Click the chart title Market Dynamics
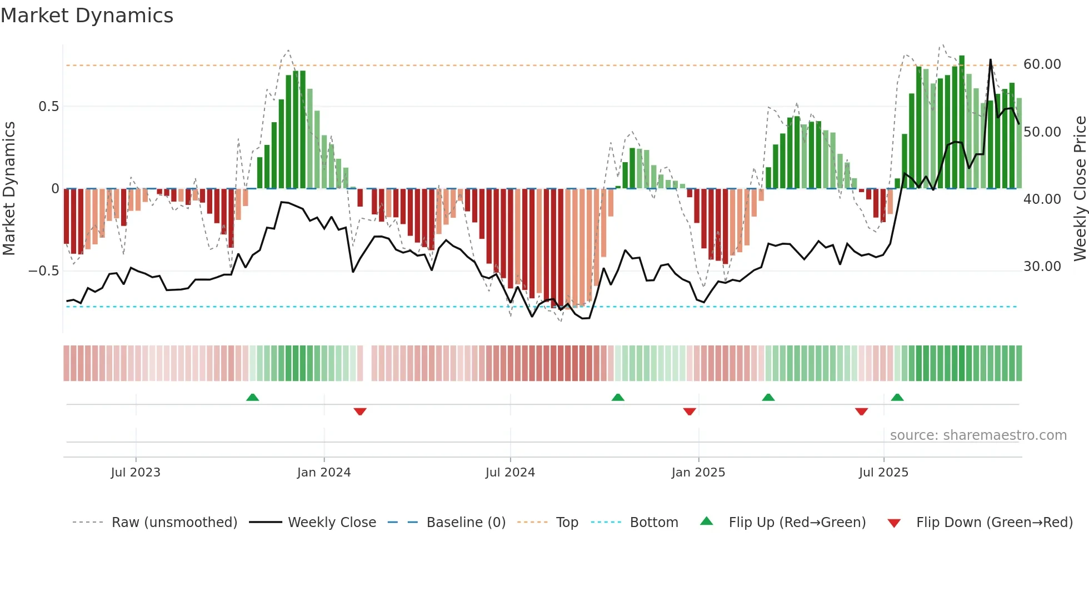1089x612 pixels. click(87, 16)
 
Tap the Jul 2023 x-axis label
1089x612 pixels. click(136, 473)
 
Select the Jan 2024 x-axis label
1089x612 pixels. click(324, 473)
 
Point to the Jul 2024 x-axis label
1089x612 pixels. click(510, 473)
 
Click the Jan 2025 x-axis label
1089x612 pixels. click(698, 473)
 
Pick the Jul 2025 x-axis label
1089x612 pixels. click(883, 473)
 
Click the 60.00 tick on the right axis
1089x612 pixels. click(1042, 64)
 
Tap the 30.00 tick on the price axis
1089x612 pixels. click(1042, 267)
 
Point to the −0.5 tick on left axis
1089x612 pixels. click(43, 271)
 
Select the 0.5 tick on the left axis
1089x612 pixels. click(48, 107)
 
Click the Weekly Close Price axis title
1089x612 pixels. click(1080, 189)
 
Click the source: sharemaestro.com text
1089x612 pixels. click(978, 435)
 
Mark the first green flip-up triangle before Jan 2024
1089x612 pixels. click(252, 397)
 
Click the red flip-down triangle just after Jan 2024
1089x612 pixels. click(360, 412)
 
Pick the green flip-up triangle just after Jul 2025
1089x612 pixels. click(897, 397)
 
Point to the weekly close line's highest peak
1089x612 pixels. click(990, 60)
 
